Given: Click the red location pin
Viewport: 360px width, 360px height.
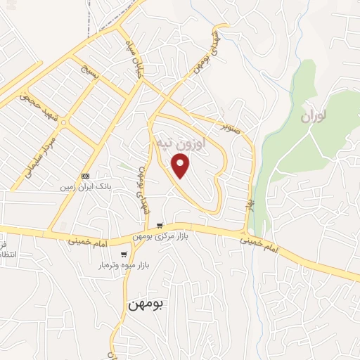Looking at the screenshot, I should coord(181,166).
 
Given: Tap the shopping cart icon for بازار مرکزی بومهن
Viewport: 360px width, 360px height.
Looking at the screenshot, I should coord(162,226).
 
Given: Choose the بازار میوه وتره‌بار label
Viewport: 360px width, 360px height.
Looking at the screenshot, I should coord(124,266).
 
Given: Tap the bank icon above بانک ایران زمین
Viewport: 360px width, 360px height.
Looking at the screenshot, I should coord(85,176).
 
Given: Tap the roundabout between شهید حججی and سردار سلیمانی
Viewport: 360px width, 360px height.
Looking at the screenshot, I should coord(64,123).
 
